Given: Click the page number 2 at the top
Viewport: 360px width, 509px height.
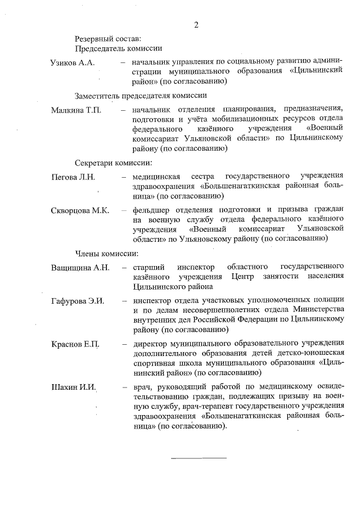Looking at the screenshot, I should (196, 25).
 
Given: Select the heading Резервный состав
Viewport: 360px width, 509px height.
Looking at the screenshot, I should (104, 39).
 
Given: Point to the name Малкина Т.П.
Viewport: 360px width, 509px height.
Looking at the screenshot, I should (76, 109).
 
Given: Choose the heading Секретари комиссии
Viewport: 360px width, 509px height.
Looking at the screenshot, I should (114, 163).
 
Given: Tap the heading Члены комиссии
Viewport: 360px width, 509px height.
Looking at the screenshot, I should (107, 253).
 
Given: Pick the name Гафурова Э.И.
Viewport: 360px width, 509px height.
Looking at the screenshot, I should (78, 301).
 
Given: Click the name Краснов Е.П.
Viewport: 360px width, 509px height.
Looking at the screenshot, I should (75, 344).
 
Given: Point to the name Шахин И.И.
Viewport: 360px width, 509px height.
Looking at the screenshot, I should (74, 388).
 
